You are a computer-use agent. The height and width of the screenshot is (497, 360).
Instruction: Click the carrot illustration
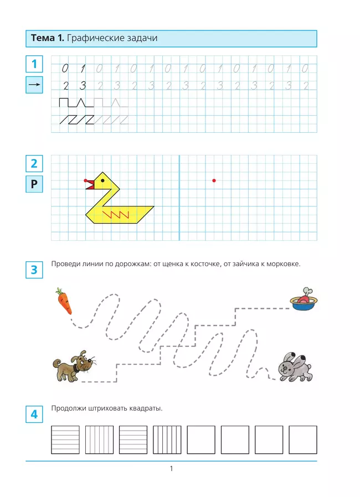point(63,300)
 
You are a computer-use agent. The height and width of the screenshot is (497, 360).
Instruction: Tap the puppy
point(73,366)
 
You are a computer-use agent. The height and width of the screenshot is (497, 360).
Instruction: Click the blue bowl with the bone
point(304,300)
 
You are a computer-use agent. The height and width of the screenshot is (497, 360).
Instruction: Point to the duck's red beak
point(90,184)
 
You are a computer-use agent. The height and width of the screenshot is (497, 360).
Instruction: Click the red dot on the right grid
point(214,180)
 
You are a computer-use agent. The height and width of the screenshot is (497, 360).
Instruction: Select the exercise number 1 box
point(34,64)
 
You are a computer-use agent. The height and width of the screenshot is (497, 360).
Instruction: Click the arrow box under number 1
point(34,85)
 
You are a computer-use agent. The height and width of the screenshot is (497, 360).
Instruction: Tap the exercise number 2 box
point(34,163)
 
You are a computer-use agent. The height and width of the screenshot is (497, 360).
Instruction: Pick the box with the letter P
point(34,184)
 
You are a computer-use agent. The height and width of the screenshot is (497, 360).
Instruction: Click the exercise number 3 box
point(34,270)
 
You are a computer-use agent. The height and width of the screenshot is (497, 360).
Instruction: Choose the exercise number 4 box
point(34,414)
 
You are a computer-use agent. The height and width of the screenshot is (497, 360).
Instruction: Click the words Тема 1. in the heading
point(48,38)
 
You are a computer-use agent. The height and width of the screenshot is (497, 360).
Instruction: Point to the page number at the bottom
point(172,469)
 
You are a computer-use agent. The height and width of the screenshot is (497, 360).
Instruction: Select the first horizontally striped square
point(65,439)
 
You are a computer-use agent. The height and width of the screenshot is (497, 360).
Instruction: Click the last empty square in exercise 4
point(303,439)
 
